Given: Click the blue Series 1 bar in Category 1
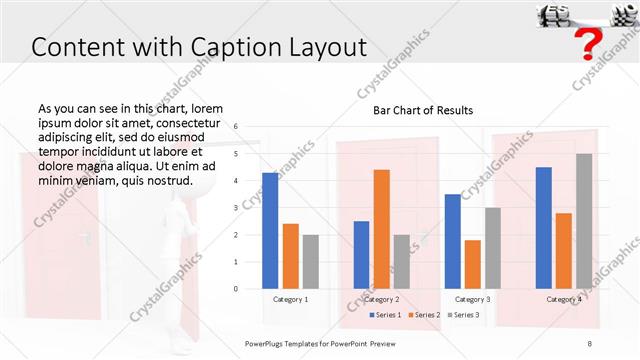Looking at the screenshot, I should click(270, 230).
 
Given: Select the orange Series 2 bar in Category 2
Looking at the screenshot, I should click(382, 228).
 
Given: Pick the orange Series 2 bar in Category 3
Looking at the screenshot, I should click(473, 263).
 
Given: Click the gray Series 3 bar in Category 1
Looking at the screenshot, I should click(310, 261).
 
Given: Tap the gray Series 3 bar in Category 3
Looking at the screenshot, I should click(493, 247).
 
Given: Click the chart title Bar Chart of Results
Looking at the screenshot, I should click(423, 110).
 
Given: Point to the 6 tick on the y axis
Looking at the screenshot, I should click(236, 127).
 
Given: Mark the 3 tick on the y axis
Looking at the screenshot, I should click(236, 208).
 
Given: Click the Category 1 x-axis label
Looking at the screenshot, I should click(290, 299).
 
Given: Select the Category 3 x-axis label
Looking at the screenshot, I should click(473, 299).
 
